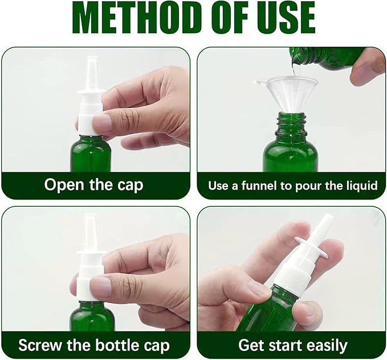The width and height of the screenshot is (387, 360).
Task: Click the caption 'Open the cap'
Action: (x=94, y=185)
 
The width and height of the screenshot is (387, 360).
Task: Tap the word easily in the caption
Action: (x=323, y=345)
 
